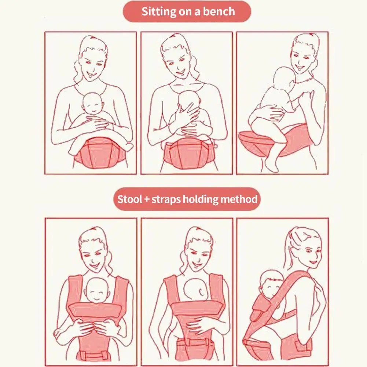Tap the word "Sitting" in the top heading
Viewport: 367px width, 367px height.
[x=159, y=12]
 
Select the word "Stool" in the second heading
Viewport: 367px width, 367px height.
[x=130, y=199]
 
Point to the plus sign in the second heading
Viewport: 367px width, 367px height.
[x=147, y=199]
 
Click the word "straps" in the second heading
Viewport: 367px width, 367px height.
[x=166, y=199]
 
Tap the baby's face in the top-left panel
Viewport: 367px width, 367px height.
[x=93, y=107]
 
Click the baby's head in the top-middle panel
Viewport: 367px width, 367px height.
[x=189, y=101]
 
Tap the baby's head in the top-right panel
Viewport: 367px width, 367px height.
[x=285, y=79]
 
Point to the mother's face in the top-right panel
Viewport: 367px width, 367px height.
[x=302, y=59]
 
